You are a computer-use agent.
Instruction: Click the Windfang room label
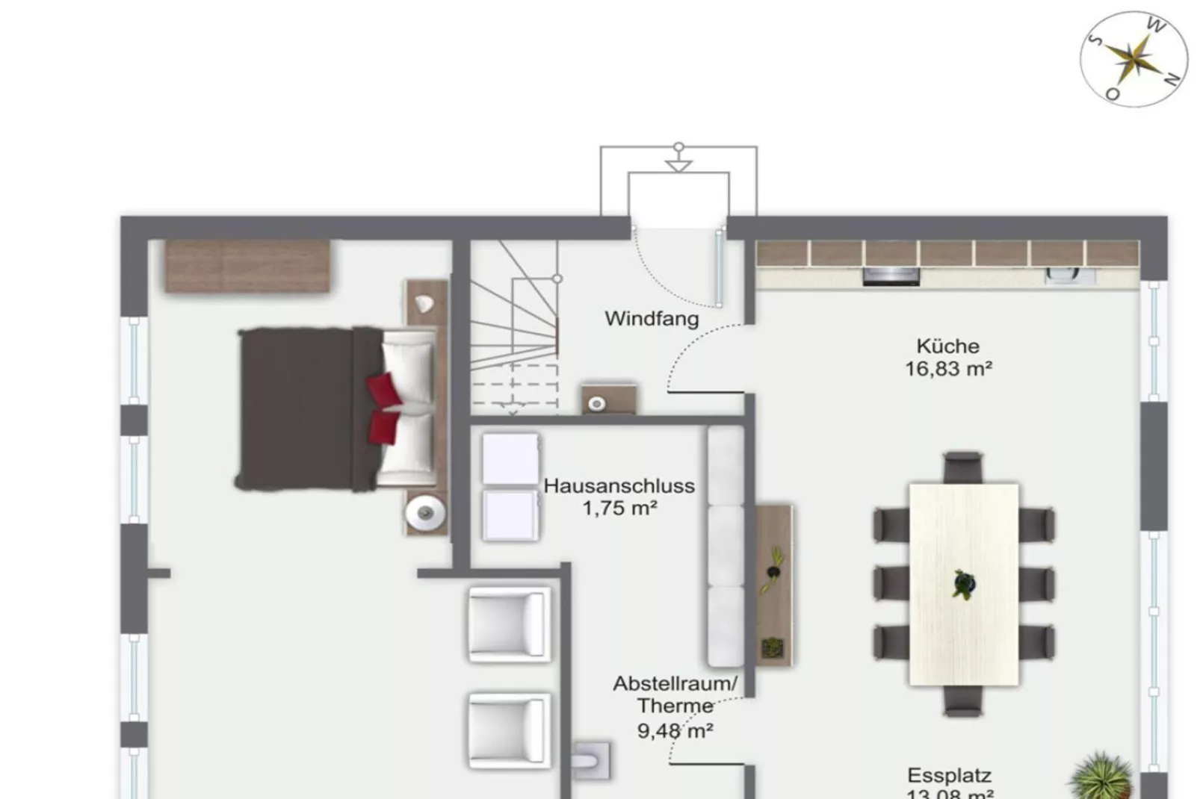pyautogui.click(x=652, y=319)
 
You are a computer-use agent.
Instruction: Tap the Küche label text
pyautogui.click(x=947, y=346)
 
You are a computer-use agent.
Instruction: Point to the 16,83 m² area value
pyautogui.click(x=948, y=369)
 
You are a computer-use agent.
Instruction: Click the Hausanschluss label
pyautogui.click(x=619, y=486)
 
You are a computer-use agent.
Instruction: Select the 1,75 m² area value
pyautogui.click(x=619, y=509)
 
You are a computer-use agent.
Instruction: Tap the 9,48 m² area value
pyautogui.click(x=675, y=730)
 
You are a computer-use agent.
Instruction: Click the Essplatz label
pyautogui.click(x=949, y=776)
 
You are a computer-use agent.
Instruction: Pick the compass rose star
pyautogui.click(x=1133, y=58)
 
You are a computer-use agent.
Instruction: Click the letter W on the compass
pyautogui.click(x=1155, y=27)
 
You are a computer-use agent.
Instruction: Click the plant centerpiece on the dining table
pyautogui.click(x=963, y=584)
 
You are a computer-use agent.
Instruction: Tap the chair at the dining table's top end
pyautogui.click(x=962, y=467)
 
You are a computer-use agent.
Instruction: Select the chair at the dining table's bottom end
pyautogui.click(x=962, y=701)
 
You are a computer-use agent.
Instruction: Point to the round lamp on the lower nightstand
pyautogui.click(x=425, y=512)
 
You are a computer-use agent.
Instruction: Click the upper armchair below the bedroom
pyautogui.click(x=509, y=624)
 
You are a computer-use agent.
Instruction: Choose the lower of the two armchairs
pyautogui.click(x=509, y=730)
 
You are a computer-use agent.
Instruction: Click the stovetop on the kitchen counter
pyautogui.click(x=891, y=276)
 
